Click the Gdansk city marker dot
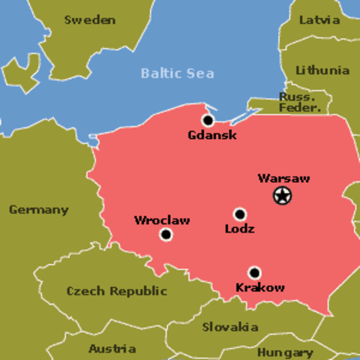(x=208, y=120)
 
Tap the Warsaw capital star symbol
(x=282, y=196)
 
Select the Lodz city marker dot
(x=240, y=214)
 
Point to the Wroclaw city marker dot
(x=166, y=235)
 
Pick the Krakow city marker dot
(x=255, y=273)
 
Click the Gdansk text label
(x=212, y=136)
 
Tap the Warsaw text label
(x=283, y=178)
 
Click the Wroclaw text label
(x=162, y=220)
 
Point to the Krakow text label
(x=260, y=288)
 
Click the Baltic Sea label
(x=177, y=73)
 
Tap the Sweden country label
(x=90, y=19)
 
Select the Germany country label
(x=38, y=210)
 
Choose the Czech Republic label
(x=117, y=291)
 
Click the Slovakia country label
(x=230, y=327)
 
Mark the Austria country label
(x=112, y=349)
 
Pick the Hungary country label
(x=285, y=352)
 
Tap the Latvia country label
(x=319, y=20)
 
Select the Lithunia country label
(x=322, y=70)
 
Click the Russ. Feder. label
(x=300, y=102)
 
